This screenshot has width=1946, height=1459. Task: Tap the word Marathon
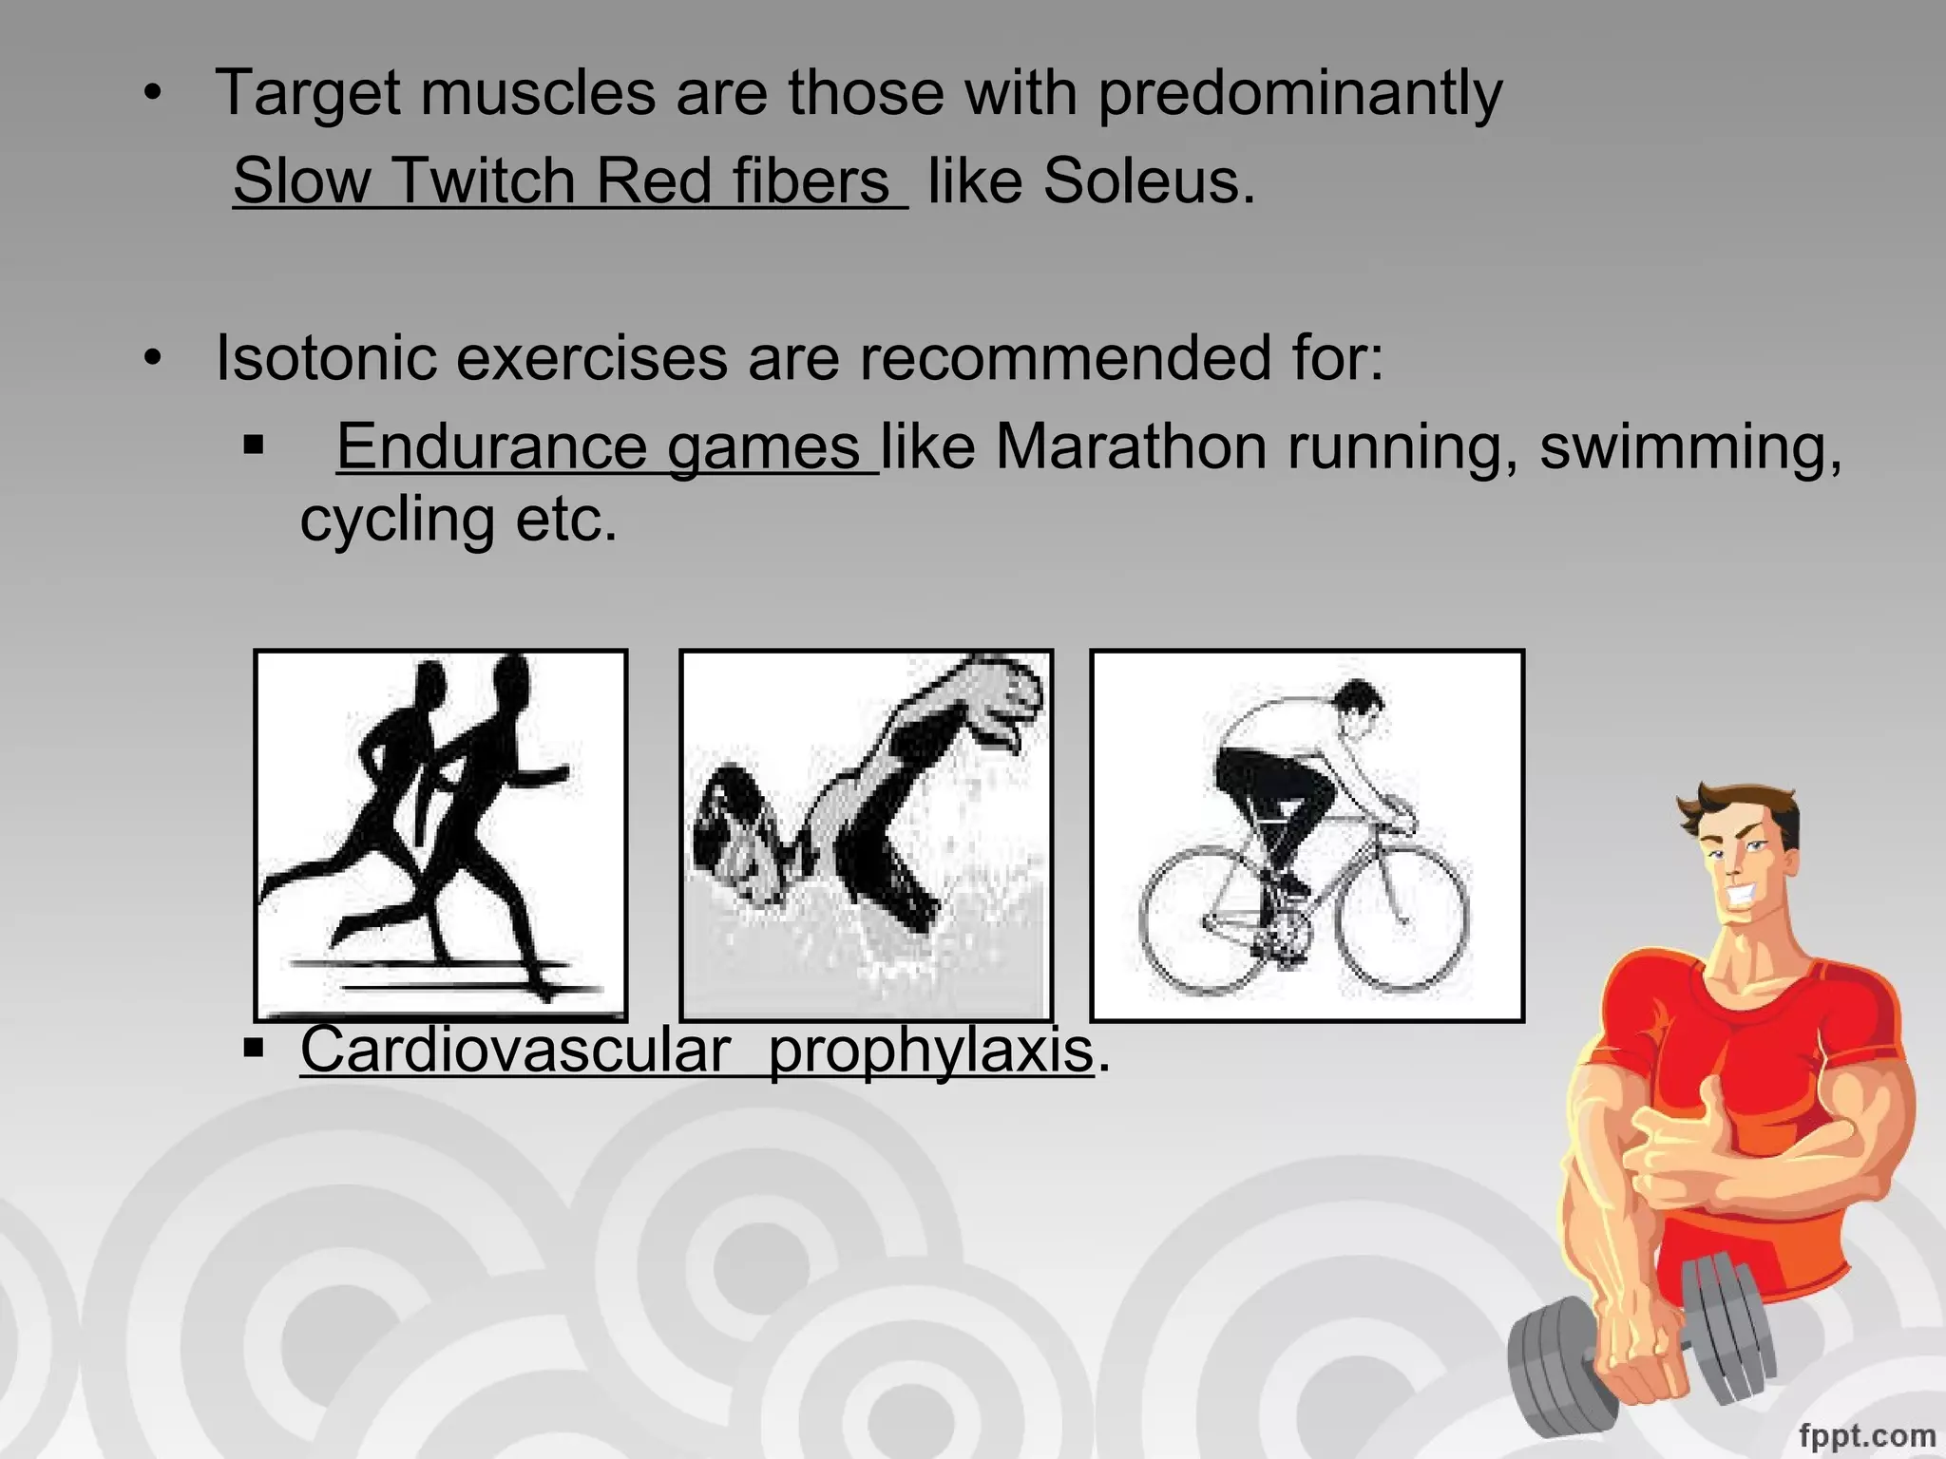1131,446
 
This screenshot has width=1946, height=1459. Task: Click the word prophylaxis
931,1051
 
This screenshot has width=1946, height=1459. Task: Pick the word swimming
1689,446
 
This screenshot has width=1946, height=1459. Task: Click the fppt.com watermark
1866,1434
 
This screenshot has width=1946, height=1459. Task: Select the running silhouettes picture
441,834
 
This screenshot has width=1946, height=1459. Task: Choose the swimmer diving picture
866,834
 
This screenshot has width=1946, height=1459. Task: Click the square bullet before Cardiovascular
253,1049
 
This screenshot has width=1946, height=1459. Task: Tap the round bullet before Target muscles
153,94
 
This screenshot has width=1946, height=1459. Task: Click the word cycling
396,521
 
